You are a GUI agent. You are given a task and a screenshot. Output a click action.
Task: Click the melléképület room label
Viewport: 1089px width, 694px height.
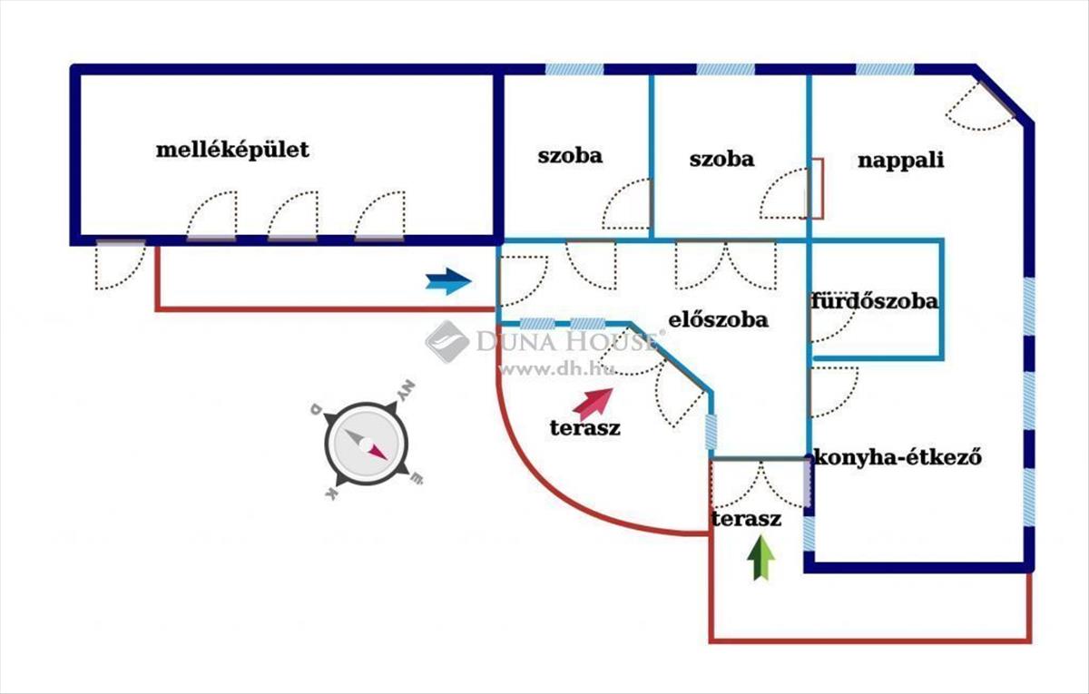coord(232,151)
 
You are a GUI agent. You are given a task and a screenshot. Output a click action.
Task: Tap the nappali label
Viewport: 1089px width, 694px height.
coord(900,161)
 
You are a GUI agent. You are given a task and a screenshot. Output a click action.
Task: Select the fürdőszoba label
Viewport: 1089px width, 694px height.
coord(875,301)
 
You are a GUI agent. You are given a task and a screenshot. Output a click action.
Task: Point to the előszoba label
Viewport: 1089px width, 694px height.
coord(718,319)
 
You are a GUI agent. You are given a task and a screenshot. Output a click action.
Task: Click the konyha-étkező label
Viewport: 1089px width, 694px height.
coord(898,457)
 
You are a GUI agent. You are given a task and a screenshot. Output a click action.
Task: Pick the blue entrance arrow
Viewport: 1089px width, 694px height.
coord(448,281)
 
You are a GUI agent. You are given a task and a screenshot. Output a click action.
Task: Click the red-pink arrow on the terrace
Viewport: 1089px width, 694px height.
coord(594,404)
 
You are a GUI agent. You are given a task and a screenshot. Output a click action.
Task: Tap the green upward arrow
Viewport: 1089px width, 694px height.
coord(760,557)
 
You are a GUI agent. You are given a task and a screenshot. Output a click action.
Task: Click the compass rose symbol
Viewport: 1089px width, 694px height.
coord(366,443)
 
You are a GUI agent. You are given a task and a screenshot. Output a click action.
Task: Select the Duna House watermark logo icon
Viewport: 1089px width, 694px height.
coord(447,342)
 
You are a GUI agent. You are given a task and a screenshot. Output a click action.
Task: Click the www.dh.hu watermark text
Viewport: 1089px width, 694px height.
coord(556,370)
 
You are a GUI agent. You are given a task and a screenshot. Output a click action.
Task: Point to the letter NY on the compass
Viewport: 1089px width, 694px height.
coord(406,391)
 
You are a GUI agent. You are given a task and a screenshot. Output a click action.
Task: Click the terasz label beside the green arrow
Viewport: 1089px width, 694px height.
coord(746,519)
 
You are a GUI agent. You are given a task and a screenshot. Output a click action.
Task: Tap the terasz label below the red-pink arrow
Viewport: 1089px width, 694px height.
coord(584,428)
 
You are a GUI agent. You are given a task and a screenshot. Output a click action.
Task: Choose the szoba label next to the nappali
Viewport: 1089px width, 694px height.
coord(721,160)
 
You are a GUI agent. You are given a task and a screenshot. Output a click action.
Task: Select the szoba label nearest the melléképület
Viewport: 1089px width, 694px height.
coord(570,156)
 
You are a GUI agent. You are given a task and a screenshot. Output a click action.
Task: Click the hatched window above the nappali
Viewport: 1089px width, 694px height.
coord(885,70)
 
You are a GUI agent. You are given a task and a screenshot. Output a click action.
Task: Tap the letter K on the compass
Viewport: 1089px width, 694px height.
coord(331,494)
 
